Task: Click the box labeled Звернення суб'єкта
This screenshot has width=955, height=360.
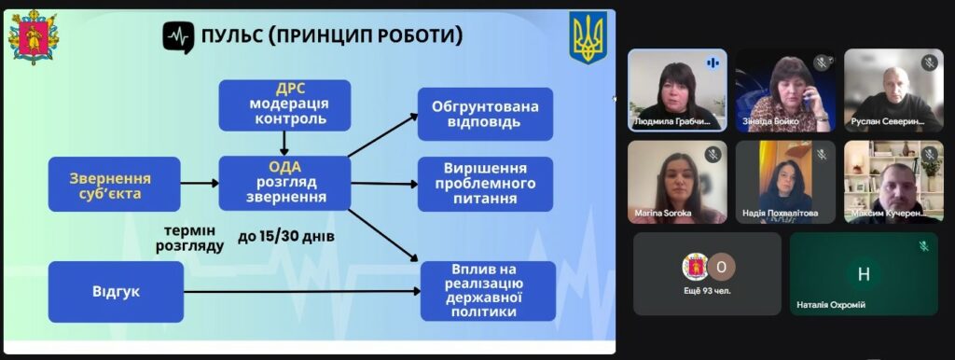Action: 110,184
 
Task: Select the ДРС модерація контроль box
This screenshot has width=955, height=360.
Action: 284,105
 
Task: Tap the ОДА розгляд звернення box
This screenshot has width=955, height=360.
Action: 284,183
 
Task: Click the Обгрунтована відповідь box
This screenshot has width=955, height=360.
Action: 484,114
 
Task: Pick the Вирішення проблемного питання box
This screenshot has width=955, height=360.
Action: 484,184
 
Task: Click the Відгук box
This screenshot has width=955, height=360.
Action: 116,291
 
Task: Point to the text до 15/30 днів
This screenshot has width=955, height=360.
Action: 286,237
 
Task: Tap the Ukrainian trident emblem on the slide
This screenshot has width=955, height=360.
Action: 588,38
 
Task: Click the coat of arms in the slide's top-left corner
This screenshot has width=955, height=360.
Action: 33,37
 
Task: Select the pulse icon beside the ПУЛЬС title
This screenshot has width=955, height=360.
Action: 178,36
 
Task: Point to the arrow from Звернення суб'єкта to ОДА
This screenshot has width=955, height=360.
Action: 198,184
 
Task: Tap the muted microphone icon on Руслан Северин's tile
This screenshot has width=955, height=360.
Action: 929,62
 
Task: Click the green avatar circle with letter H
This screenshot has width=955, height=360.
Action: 863,273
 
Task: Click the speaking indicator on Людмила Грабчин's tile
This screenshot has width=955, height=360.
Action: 713,62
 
